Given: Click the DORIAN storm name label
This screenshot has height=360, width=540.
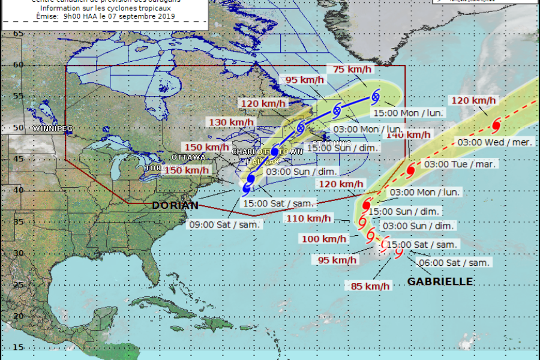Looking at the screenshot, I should coord(175,205).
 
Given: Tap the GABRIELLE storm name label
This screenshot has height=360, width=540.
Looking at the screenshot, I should coord(440,281).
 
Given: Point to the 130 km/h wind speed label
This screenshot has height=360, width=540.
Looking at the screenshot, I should coord(231,122).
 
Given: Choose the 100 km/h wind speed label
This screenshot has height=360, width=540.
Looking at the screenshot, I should coord(325,239).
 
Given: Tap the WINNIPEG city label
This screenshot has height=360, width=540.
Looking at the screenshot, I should coord(53,129).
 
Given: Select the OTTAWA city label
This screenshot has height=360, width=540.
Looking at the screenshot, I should coord(188,157).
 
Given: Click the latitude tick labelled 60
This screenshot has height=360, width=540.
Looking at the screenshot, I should coord(18,65).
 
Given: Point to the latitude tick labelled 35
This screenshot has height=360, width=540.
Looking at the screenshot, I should coord(18,221).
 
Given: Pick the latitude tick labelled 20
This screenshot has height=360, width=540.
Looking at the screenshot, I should coord(18,316).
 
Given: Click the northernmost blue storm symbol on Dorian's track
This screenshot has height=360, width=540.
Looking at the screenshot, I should coord(376,95).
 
